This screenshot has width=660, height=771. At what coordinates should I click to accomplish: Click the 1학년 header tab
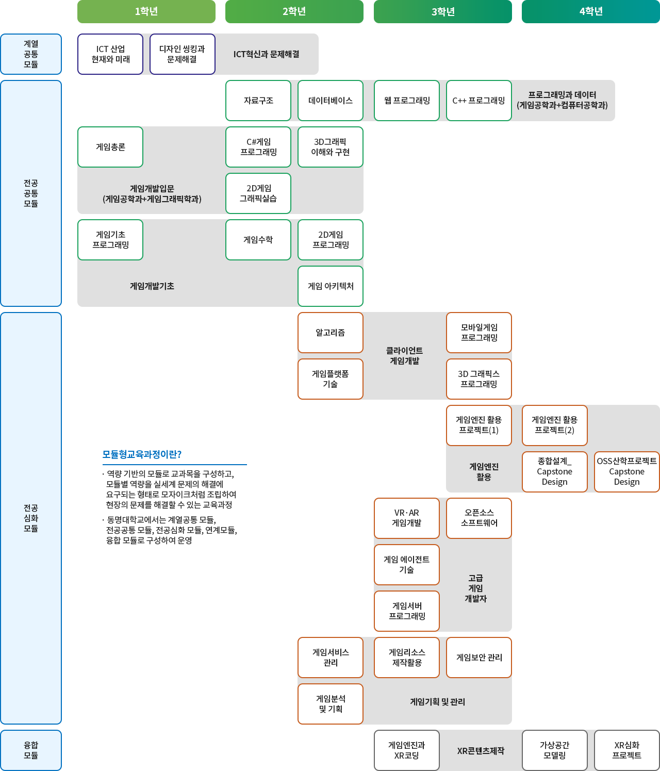pos(146,11)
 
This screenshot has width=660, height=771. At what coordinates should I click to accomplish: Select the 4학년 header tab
pos(591,11)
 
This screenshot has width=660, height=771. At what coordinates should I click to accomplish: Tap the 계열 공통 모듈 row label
pos(31,54)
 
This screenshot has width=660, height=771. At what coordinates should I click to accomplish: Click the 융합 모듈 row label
pos(31,750)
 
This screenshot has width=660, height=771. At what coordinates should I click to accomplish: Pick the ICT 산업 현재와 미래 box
pos(110,54)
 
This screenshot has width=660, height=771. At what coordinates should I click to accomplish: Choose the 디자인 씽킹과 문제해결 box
pos(182,54)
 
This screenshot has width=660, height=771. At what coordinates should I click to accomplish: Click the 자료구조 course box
pos(258,101)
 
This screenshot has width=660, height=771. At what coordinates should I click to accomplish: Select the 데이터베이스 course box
pos(331,101)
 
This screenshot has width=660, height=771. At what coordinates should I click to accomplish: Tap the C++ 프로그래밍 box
pos(478,101)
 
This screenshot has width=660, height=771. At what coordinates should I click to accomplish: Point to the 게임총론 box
pos(110,147)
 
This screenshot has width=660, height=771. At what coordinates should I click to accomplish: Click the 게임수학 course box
pos(258,240)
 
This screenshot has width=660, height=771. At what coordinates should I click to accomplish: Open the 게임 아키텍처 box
pos(331,286)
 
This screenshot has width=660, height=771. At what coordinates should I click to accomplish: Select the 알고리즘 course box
pos(331,333)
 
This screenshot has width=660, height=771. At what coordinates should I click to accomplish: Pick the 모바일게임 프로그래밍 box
pos(479,333)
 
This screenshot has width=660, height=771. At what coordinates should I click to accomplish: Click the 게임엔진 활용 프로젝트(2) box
pos(555,425)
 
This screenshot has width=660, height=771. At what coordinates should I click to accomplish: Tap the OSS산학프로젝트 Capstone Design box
pos(627,472)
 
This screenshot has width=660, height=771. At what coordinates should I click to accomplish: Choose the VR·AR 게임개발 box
pos(407,518)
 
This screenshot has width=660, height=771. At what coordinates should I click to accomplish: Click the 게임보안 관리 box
pos(479,658)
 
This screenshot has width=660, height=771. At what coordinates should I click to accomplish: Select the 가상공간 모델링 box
pos(555,750)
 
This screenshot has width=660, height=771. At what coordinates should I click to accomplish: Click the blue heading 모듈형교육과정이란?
pos(142,454)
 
